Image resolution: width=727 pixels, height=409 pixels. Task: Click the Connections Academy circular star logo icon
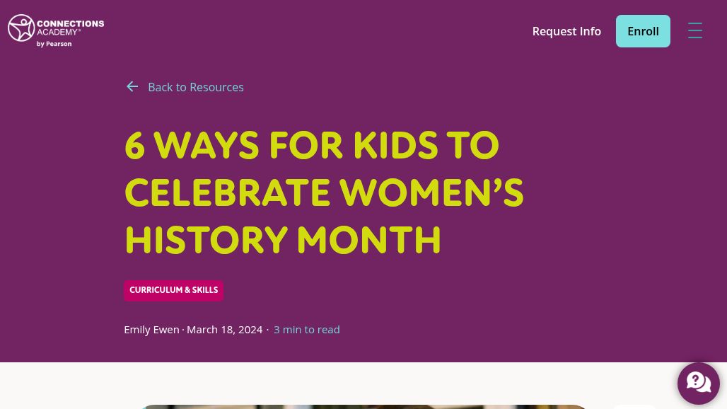click(21, 28)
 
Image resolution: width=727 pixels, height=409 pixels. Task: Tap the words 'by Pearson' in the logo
click(54, 44)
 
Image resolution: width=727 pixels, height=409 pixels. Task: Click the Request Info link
click(566, 31)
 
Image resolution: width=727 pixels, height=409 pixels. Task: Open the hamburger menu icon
click(695, 30)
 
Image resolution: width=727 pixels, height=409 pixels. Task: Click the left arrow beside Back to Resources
click(132, 87)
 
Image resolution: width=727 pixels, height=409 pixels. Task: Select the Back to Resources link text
click(196, 87)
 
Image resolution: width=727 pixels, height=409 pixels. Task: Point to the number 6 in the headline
click(134, 146)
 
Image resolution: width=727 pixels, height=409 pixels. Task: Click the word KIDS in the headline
click(395, 146)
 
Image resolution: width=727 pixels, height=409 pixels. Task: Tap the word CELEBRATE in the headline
click(226, 192)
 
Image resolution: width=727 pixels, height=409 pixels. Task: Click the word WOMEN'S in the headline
click(431, 192)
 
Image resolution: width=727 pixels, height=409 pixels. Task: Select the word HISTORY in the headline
click(207, 240)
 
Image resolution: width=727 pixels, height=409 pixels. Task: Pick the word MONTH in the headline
click(368, 240)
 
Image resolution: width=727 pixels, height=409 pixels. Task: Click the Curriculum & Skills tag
click(174, 291)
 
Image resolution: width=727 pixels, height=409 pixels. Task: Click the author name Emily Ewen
click(151, 330)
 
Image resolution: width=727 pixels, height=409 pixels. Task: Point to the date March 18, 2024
click(224, 330)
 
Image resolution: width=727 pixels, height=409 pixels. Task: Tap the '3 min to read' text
click(306, 330)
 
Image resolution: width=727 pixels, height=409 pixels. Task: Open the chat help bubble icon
click(698, 384)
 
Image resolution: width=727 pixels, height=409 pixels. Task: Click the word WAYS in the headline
click(207, 146)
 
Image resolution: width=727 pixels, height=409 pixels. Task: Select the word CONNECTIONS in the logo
click(71, 23)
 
